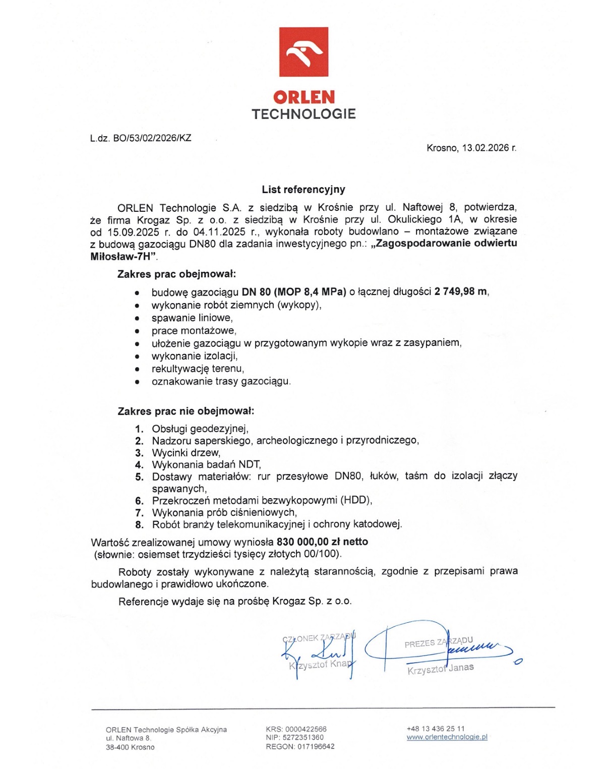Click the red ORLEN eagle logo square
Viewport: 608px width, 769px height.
pos(303,52)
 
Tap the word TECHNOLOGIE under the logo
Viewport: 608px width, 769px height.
pos(303,114)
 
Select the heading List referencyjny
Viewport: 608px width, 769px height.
pos(303,190)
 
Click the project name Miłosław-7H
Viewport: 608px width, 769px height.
pos(121,256)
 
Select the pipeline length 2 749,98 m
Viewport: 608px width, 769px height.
pos(461,291)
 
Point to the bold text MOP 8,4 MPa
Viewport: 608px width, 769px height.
pos(310,291)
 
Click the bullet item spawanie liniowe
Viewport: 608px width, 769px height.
pos(192,318)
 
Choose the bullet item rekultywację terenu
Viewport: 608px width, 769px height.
pos(198,369)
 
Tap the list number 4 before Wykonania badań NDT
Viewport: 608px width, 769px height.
pos(139,464)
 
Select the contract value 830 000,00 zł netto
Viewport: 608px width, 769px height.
pos(322,542)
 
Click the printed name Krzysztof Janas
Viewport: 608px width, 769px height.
pos(441,669)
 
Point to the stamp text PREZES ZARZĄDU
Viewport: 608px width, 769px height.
pos(438,642)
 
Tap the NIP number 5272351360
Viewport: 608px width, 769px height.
pos(302,737)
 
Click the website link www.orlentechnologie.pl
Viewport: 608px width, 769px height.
pos(447,737)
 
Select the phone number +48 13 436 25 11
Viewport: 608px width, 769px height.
pos(436,729)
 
